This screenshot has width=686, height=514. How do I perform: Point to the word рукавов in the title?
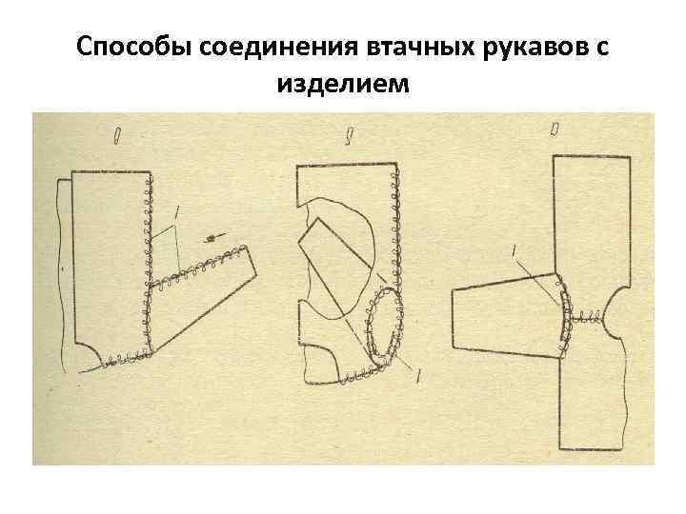[520, 47]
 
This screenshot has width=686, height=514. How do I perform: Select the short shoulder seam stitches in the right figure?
[589, 317]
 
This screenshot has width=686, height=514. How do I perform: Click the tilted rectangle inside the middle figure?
[333, 262]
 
